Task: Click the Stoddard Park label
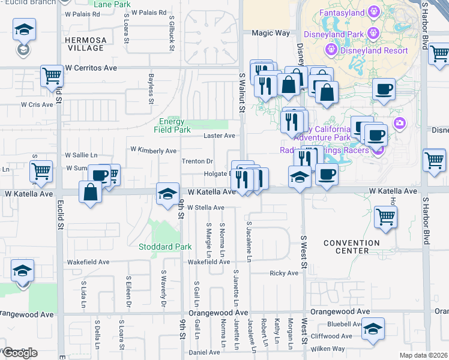[165, 247]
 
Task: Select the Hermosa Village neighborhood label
[86, 44]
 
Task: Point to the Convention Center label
[351, 247]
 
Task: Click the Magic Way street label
[270, 34]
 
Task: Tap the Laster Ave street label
[219, 136]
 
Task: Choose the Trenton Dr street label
[197, 161]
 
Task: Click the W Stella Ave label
[206, 208]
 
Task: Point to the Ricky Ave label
[284, 273]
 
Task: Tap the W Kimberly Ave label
[153, 151]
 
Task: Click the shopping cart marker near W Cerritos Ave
[52, 76]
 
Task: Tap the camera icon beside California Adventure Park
[399, 124]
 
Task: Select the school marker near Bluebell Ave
[373, 329]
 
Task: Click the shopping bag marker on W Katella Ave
[90, 193]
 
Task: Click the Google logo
[20, 353]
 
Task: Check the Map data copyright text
[423, 355]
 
